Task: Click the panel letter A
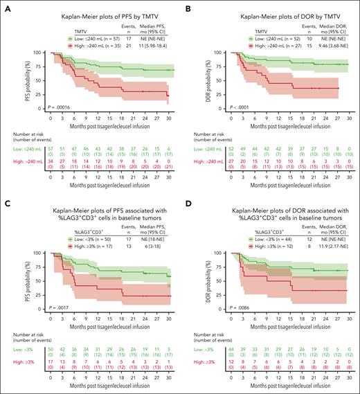point(6,6)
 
